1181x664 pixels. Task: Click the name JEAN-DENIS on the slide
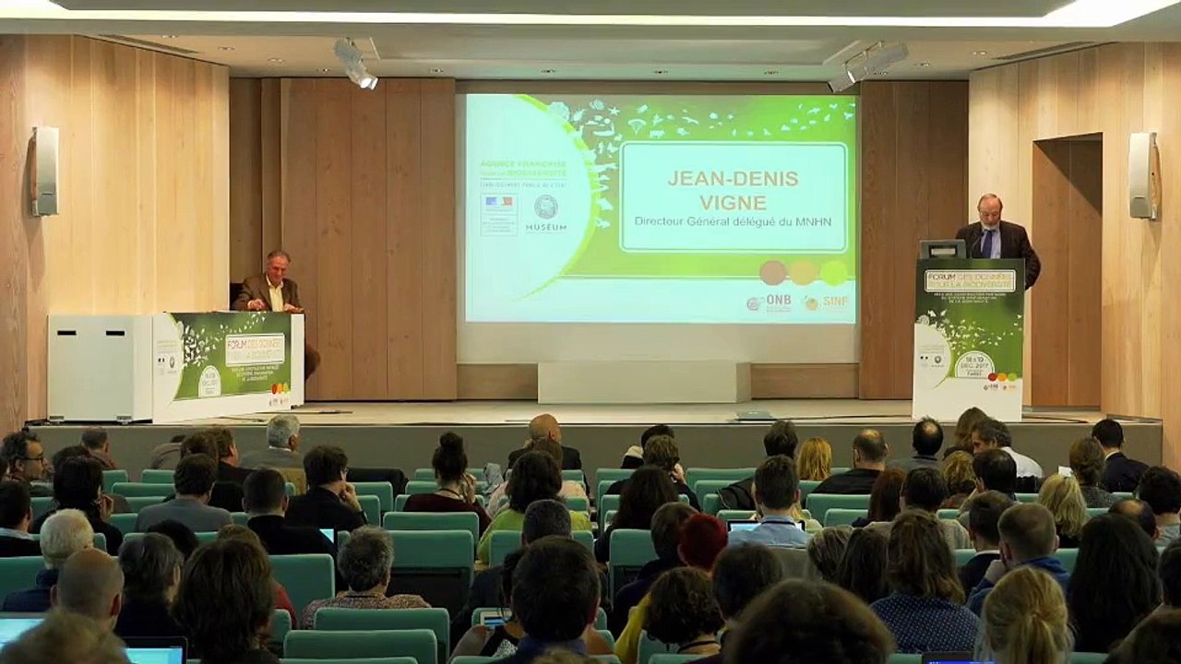(734, 178)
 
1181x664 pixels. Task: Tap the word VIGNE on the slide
(734, 202)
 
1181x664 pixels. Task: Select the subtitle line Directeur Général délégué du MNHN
(734, 221)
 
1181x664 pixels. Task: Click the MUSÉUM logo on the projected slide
(545, 214)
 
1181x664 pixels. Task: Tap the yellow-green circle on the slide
(834, 271)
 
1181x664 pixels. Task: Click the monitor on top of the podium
(942, 249)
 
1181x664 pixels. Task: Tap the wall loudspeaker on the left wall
(44, 171)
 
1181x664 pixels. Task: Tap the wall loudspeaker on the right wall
(1141, 175)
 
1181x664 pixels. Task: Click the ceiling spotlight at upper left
(354, 64)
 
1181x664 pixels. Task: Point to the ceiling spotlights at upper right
(867, 65)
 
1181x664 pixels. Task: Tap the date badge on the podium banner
(973, 362)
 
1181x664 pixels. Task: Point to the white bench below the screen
(643, 381)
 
